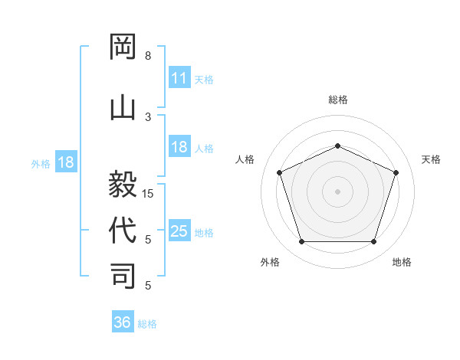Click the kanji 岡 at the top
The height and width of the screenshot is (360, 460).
(123, 47)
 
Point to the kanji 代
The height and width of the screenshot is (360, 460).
(123, 230)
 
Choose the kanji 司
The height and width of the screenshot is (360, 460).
(123, 275)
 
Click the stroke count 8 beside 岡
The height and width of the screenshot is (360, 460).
(148, 56)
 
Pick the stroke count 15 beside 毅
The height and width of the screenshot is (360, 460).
(149, 194)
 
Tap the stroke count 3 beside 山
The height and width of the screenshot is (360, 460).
(148, 116)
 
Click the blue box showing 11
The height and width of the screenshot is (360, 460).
(179, 78)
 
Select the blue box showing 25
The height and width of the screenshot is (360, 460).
(179, 231)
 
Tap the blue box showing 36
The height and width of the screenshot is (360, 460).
(123, 322)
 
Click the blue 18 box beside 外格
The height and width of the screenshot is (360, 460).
(65, 162)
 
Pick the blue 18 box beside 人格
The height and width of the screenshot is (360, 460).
(179, 147)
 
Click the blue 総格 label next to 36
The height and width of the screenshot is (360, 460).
(148, 324)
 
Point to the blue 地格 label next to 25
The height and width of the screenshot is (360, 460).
(205, 233)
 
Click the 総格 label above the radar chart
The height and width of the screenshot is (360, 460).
(337, 100)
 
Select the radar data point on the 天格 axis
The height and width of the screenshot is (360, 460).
(396, 172)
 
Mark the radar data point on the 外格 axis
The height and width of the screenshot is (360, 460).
(301, 242)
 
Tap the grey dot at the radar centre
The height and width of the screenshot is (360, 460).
(337, 191)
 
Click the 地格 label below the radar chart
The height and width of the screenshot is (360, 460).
(402, 263)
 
